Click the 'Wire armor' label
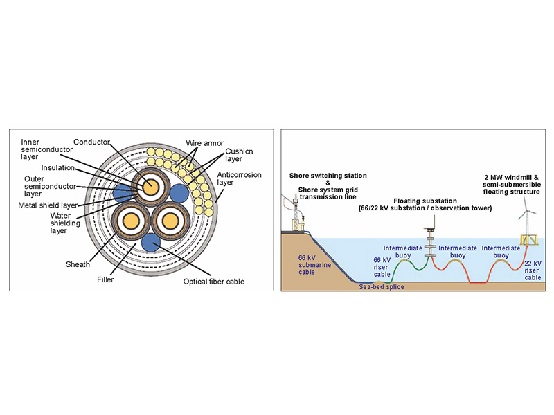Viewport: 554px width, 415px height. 201,142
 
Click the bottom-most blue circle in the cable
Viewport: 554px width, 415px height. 150,244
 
